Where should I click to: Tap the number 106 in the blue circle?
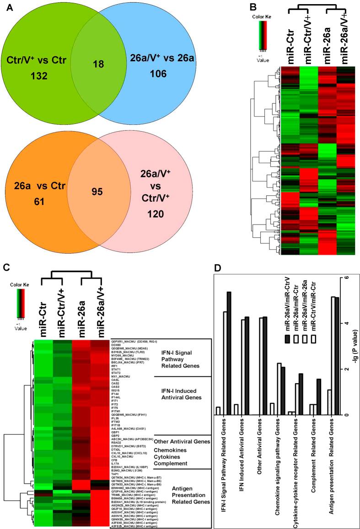[145, 76]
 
